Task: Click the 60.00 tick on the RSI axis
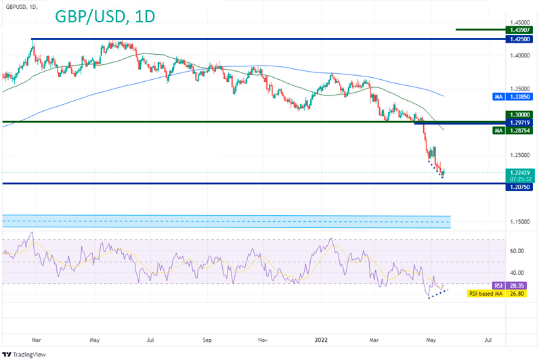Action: [x=517, y=251]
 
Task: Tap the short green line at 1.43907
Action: [x=479, y=30]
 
